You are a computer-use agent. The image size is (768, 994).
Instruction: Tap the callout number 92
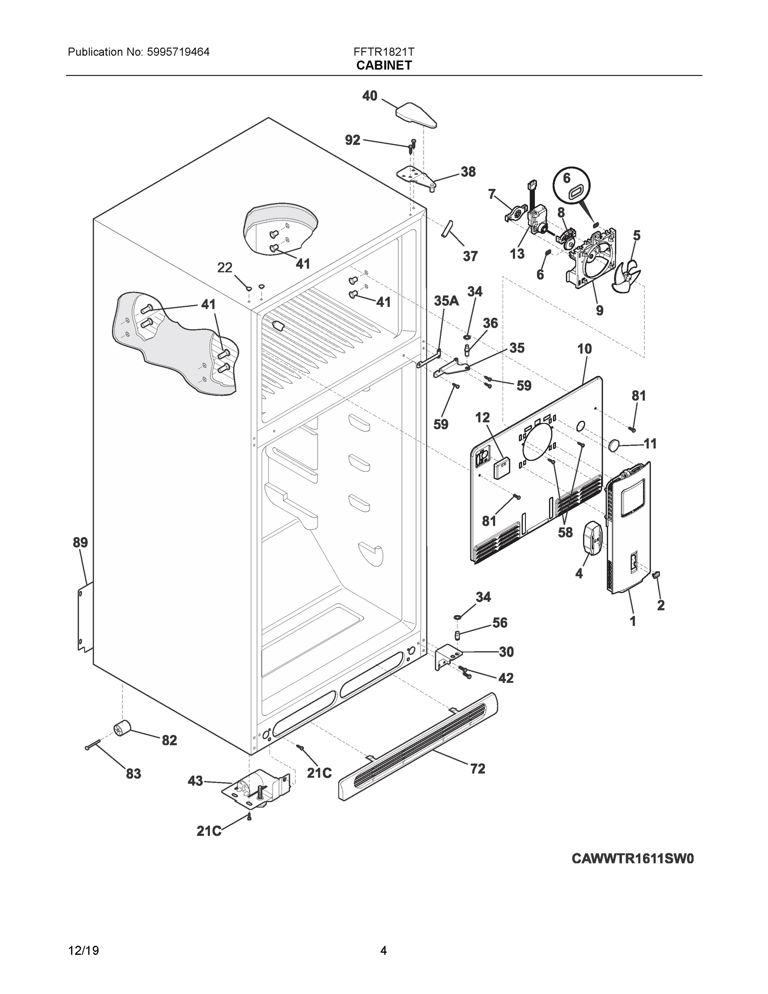click(x=353, y=140)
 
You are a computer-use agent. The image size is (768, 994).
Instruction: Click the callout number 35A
click(x=446, y=301)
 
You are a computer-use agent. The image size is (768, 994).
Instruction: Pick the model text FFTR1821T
click(x=383, y=52)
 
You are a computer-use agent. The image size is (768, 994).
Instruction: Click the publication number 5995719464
click(x=178, y=52)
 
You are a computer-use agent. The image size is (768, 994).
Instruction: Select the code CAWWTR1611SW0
click(x=633, y=859)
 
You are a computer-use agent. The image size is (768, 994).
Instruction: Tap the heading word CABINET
click(x=383, y=65)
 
